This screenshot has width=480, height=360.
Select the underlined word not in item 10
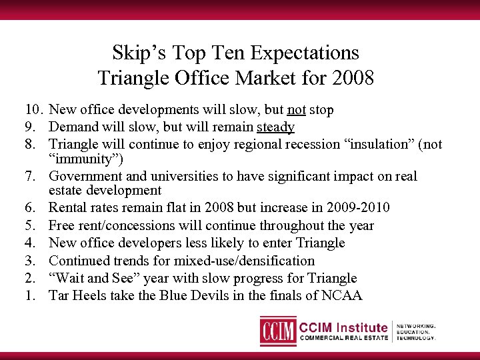[x=297, y=109]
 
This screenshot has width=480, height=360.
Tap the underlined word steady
[x=275, y=127]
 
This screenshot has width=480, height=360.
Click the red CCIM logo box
[x=277, y=331]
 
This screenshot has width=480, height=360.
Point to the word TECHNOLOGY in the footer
[x=415, y=338]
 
